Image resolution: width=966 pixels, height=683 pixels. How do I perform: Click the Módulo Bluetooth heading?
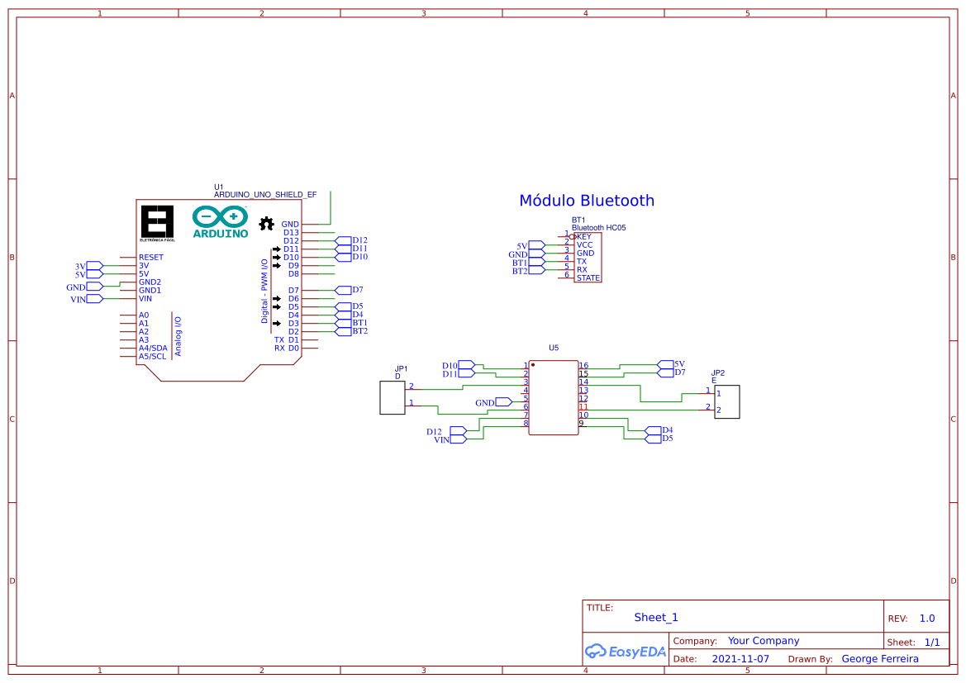click(x=587, y=201)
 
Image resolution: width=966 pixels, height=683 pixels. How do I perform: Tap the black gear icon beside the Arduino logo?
click(x=266, y=224)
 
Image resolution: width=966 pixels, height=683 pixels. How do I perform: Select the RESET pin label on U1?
click(x=150, y=258)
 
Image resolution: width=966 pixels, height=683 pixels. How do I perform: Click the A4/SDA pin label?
click(x=153, y=349)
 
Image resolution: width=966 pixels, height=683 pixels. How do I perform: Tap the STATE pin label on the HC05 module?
click(x=588, y=278)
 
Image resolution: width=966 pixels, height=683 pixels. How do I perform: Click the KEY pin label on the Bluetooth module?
click(x=584, y=237)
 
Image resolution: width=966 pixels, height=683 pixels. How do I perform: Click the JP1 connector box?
click(x=392, y=398)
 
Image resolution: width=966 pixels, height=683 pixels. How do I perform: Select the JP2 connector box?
click(x=726, y=402)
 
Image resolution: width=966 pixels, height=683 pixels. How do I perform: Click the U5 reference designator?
click(x=554, y=348)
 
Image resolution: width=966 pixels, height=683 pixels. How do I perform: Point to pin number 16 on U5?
click(x=583, y=365)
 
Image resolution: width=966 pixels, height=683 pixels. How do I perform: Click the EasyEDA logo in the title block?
click(x=625, y=651)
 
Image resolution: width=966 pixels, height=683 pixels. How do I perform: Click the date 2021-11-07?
click(x=740, y=659)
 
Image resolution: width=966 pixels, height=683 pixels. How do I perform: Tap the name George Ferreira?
click(x=879, y=659)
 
